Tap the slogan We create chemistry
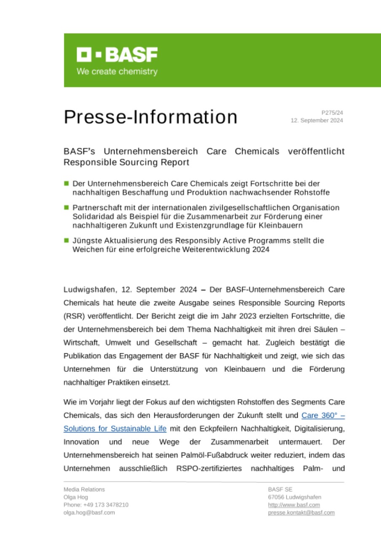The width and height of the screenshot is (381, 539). tap(117, 72)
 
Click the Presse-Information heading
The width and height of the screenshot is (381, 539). tap(150, 117)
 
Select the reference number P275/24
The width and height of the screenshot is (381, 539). tap(332, 113)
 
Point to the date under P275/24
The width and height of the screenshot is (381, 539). tap(317, 120)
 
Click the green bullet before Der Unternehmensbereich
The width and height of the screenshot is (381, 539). tap(66, 183)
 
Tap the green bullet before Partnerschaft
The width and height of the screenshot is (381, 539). tap(66, 207)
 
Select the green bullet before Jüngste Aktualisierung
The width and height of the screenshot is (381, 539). tap(66, 240)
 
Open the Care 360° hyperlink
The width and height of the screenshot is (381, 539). tap(323, 415)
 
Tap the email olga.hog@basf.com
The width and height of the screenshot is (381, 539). tap(89, 512)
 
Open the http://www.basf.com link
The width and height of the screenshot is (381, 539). tap(293, 505)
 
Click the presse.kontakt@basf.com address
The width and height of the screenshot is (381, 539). tap(301, 512)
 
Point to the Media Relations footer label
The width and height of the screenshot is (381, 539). tap(84, 489)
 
